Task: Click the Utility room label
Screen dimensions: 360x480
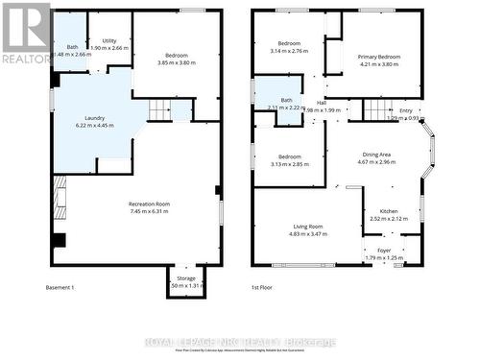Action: coord(109,40)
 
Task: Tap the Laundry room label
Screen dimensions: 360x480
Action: coord(94,118)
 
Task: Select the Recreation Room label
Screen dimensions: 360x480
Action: coord(149,204)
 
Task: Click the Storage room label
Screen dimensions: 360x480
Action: coord(185,277)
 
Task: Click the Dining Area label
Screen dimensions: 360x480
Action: coord(376,154)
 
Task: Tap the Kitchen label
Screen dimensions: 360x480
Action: coord(388,210)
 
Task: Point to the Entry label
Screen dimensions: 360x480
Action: coord(406,110)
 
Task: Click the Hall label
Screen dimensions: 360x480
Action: coord(322,103)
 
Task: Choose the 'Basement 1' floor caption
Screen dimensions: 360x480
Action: coord(60,287)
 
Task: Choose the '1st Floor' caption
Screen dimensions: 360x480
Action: coord(263,287)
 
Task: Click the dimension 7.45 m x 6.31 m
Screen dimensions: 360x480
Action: coord(149,212)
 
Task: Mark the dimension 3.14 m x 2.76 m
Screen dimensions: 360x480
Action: coord(289,52)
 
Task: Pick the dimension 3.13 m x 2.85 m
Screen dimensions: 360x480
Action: coord(289,164)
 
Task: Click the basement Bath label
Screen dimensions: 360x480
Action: coord(72,47)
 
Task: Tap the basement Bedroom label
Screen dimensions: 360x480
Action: coord(176,55)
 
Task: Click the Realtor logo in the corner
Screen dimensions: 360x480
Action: coord(26,34)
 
